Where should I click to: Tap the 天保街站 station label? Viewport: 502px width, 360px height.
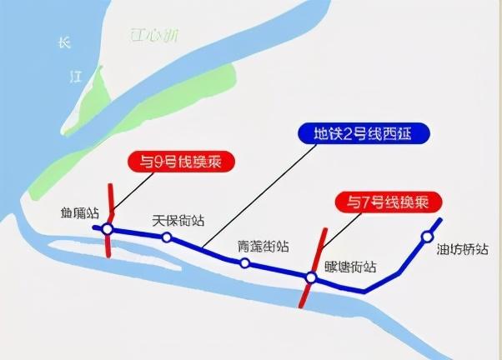click(178, 222)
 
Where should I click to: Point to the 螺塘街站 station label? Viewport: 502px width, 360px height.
click(349, 267)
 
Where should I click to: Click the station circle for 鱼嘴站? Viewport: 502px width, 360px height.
click(108, 228)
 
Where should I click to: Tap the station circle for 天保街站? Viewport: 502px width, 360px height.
click(167, 237)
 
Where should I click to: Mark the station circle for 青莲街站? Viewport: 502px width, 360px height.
click(244, 263)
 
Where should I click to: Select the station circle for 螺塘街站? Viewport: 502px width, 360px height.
click(309, 277)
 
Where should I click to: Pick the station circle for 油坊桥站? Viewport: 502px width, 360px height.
click(428, 236)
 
